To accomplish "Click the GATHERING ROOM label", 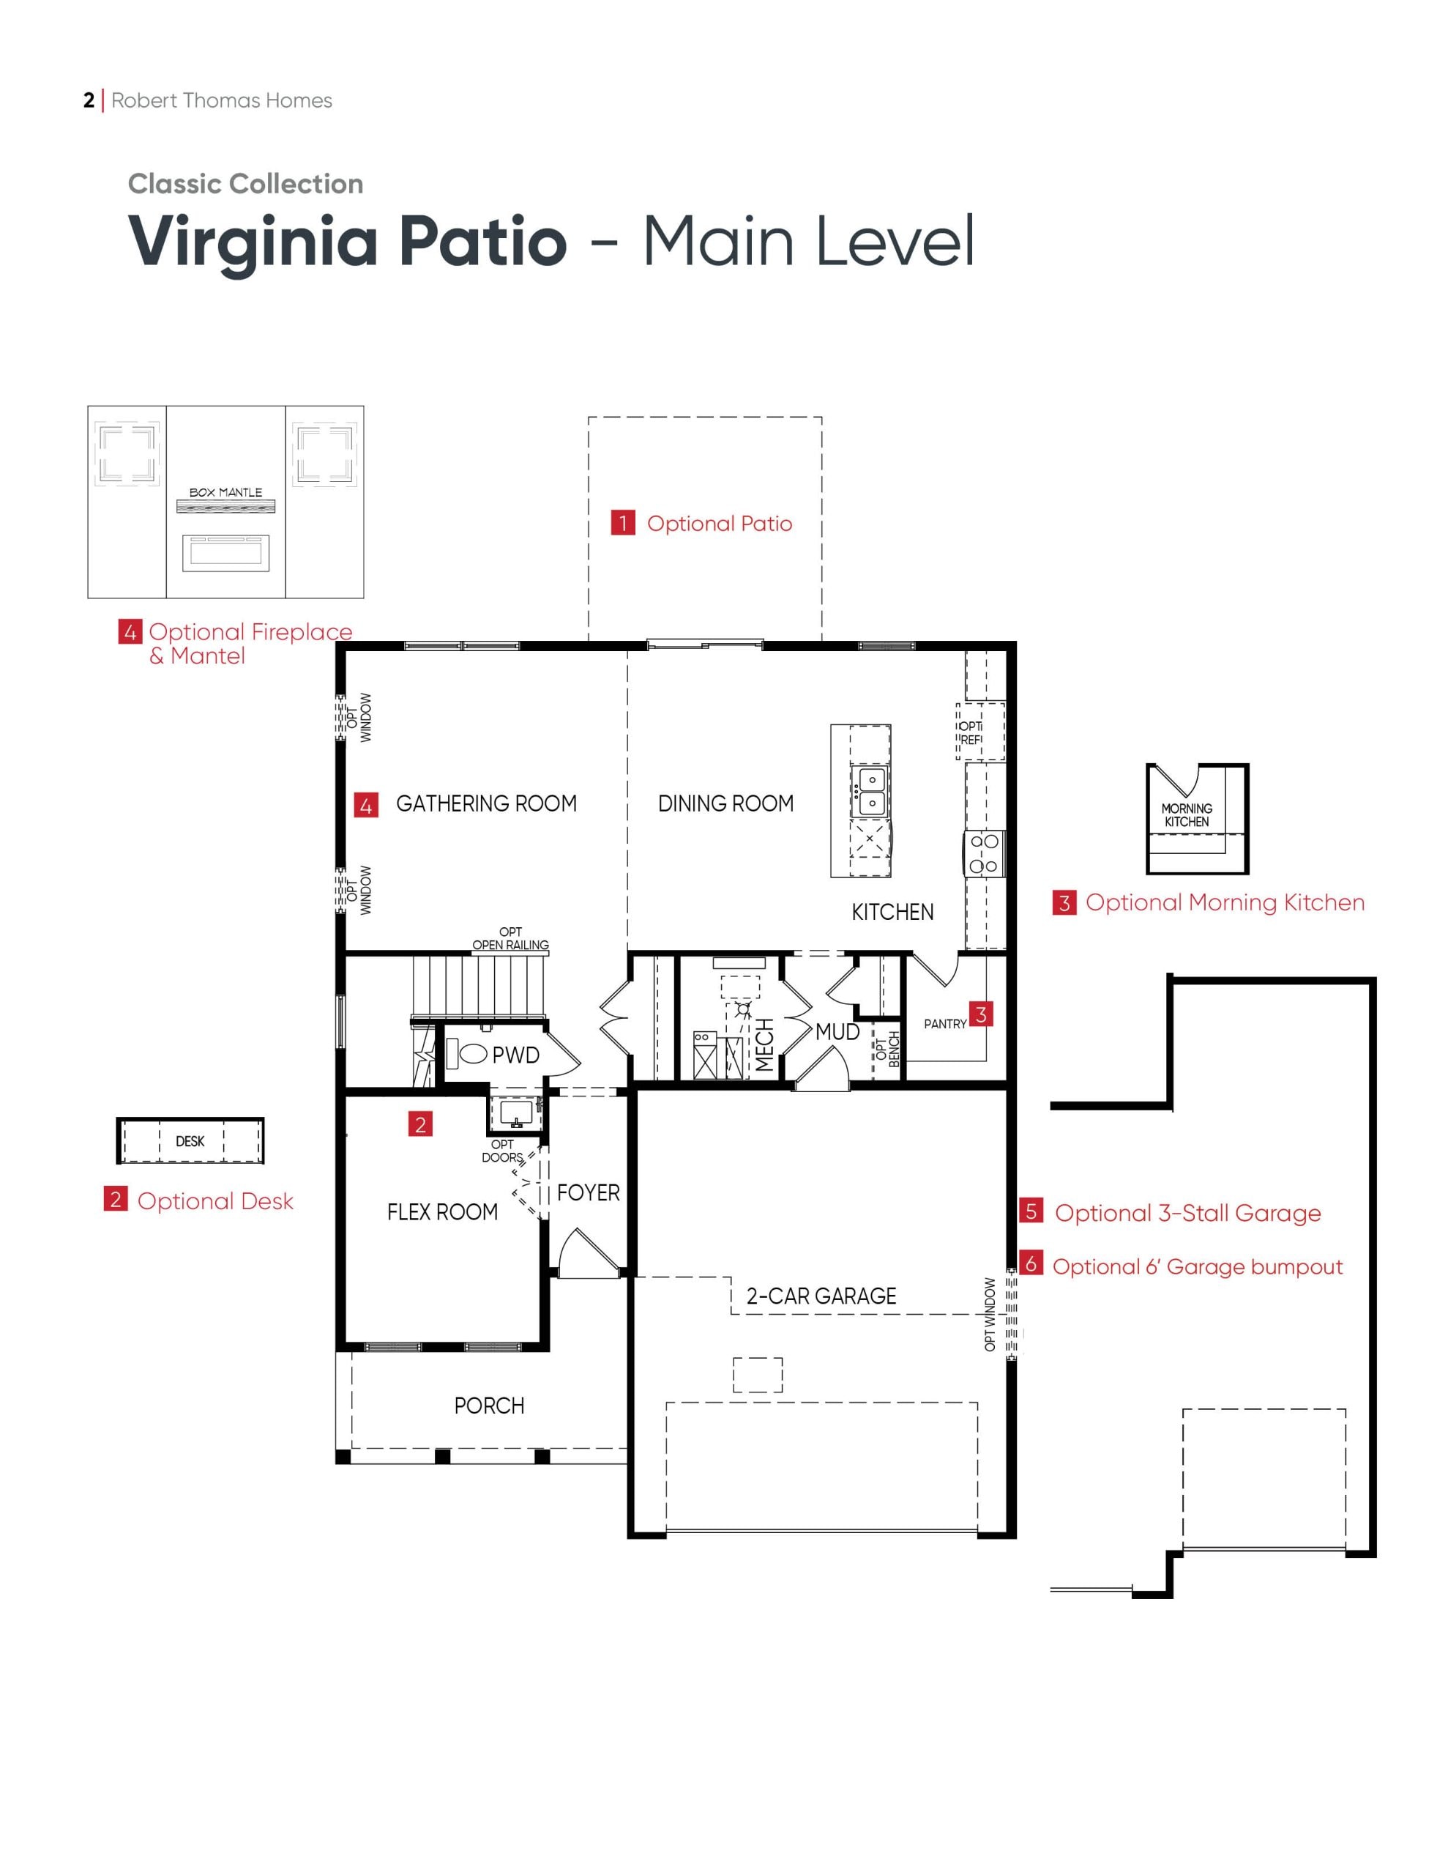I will point(486,803).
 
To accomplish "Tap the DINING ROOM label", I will point(725,803).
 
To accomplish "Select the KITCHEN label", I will point(892,912).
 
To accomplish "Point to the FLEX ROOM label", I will point(442,1212).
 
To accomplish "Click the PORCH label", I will point(488,1406).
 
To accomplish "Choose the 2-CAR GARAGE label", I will point(821,1296).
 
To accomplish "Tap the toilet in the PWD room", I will point(472,1053).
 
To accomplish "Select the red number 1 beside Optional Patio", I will point(622,523).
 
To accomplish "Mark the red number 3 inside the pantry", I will point(980,1014).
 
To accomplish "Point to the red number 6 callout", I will point(1031,1263).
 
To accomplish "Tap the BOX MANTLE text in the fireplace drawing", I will point(225,493).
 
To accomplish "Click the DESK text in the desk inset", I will point(190,1141).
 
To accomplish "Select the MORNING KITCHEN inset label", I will point(1186,814).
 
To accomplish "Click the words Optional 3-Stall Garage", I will point(1187,1213).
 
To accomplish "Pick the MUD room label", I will point(837,1032).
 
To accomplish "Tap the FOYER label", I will point(588,1192).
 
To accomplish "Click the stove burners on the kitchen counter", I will point(984,853).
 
